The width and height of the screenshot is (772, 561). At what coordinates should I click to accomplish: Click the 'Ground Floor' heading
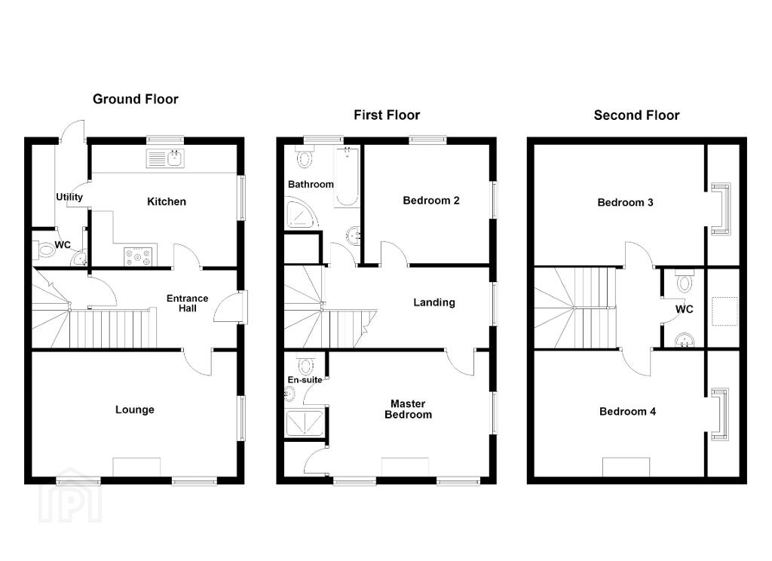136,99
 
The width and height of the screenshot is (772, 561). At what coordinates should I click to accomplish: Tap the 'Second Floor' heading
636,115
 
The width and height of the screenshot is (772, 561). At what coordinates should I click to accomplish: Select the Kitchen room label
167,201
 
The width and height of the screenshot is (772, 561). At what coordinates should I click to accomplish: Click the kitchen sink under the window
165,158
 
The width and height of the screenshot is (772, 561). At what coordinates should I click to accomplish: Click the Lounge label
135,409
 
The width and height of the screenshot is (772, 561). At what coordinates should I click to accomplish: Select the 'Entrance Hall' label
187,303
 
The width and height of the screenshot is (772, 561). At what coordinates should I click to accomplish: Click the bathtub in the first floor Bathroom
348,176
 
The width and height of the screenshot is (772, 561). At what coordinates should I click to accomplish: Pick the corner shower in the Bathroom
300,214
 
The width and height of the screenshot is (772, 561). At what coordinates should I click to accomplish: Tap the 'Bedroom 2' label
430,201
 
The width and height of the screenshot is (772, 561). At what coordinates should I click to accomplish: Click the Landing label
433,302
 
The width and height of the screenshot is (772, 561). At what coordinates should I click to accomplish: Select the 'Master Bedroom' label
408,409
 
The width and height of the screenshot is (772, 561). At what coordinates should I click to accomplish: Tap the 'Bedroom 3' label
625,202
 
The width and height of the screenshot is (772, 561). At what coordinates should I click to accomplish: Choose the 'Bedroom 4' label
628,412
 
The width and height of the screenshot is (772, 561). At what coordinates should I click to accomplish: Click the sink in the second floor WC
685,340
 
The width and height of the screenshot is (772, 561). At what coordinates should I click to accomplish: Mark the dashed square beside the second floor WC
725,311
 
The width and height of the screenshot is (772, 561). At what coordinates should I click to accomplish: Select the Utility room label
69,197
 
